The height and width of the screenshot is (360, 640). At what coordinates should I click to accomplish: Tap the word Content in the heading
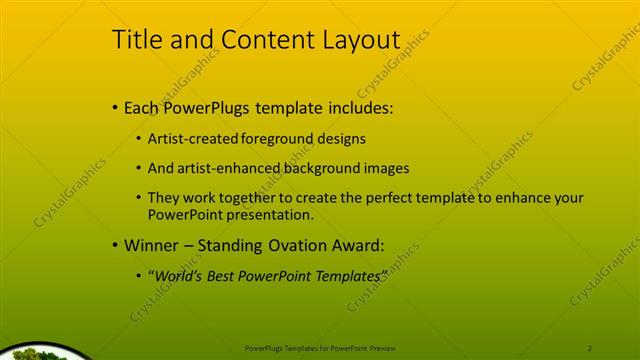262,39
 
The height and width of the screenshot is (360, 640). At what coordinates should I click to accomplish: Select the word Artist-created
189,139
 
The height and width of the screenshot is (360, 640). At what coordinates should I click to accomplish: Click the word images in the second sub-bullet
386,168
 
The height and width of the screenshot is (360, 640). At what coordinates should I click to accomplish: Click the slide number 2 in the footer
590,347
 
